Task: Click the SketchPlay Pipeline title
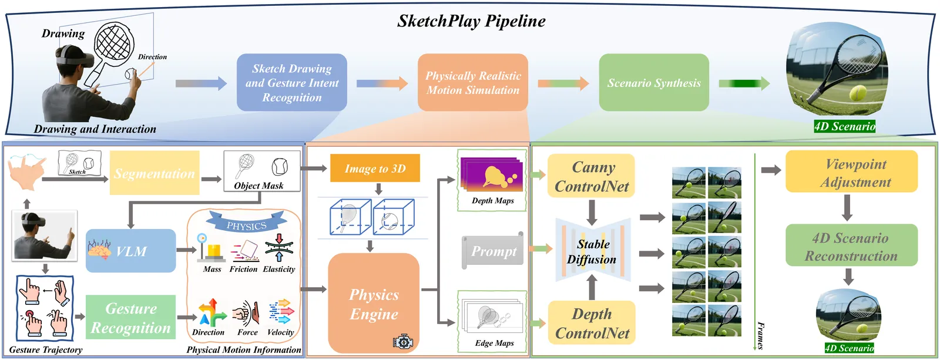(471, 21)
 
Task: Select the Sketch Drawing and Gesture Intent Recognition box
(292, 83)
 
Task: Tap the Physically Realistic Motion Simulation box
(473, 83)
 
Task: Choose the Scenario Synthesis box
(654, 83)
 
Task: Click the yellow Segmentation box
(155, 173)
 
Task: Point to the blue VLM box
(131, 251)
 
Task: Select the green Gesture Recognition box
(131, 318)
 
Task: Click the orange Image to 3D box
(375, 169)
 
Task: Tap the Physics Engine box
(374, 304)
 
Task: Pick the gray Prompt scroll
(493, 251)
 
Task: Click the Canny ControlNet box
(592, 176)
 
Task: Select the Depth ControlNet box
(592, 323)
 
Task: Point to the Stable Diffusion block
(592, 251)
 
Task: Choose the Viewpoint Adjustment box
(851, 172)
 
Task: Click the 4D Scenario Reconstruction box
(851, 246)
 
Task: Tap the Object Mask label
(258, 186)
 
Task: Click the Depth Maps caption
(493, 201)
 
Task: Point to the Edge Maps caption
(494, 343)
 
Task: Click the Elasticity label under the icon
(279, 269)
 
